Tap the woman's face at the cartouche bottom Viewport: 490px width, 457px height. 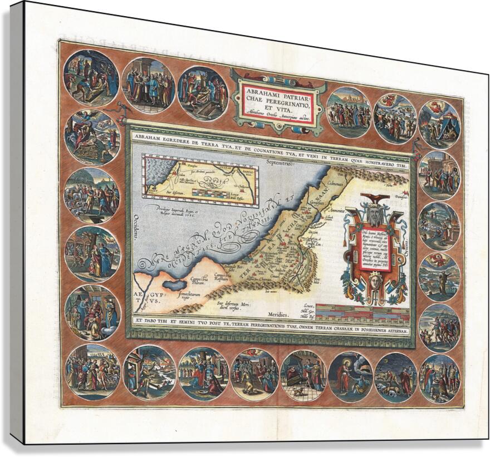point(373,291)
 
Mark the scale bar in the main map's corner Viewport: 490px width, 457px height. point(362,315)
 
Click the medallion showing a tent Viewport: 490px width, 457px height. point(440,124)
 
